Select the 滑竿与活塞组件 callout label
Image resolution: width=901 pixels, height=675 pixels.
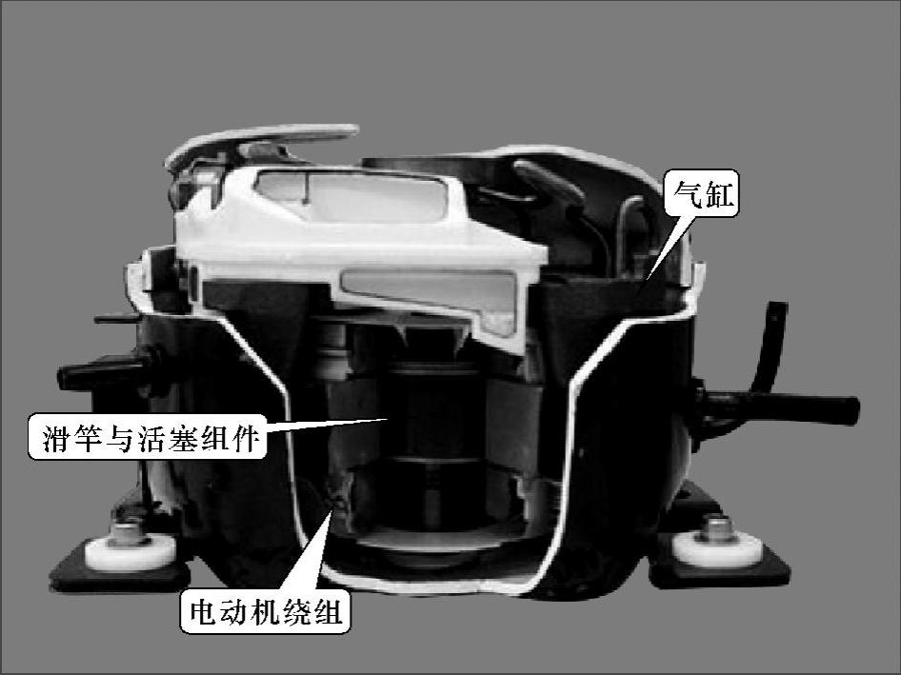[147, 437]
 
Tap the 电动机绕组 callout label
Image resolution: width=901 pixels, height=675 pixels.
[265, 611]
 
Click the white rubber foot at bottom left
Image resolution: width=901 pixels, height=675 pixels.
[130, 552]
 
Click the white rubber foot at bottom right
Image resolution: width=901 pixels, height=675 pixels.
[718, 548]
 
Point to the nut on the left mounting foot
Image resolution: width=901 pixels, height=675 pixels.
[129, 532]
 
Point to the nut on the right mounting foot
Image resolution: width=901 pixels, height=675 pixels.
[715, 529]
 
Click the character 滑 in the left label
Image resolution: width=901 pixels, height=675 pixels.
[56, 438]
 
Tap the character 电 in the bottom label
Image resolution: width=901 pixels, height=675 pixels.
[204, 612]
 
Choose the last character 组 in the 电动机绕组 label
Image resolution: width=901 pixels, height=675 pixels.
[328, 612]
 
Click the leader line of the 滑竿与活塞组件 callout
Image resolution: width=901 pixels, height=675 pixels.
[328, 426]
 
